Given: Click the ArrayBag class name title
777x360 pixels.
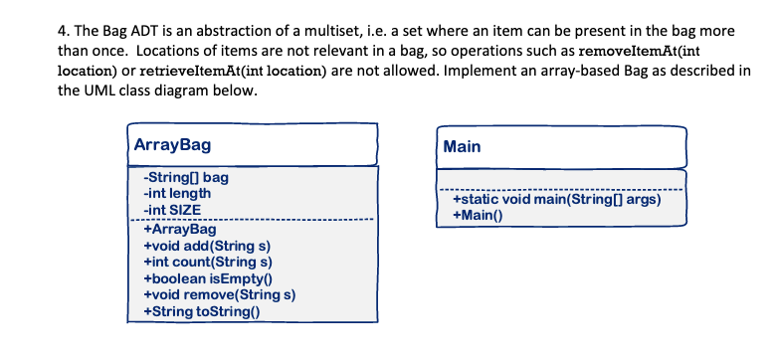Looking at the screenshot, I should pyautogui.click(x=173, y=145).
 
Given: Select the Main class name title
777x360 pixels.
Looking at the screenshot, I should pyautogui.click(x=463, y=146).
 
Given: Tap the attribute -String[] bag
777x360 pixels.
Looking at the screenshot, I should pyautogui.click(x=186, y=178).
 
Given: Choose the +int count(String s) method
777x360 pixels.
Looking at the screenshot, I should pyautogui.click(x=209, y=263).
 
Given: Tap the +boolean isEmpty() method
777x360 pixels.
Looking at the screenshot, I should pyautogui.click(x=209, y=278).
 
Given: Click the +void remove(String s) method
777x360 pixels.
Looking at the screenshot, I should pyautogui.click(x=220, y=295).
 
